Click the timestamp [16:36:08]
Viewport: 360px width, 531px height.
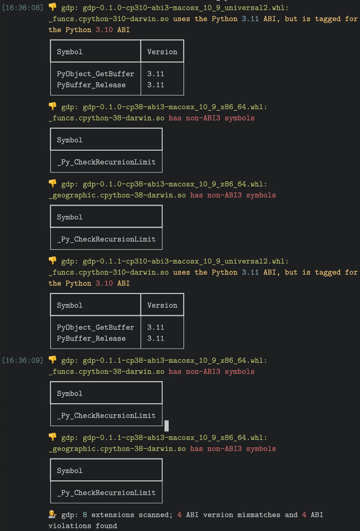coord(22,8)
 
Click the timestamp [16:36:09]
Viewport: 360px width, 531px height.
coord(22,360)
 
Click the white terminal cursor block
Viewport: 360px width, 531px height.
coord(167,426)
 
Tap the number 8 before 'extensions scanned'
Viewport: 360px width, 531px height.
coord(85,515)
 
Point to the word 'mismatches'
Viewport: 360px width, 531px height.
coord(259,515)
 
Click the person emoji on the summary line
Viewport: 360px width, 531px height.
coord(53,514)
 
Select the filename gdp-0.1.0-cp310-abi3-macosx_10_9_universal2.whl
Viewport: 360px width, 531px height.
coord(185,8)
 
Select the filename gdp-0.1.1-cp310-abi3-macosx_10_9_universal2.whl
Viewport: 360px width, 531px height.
coord(185,261)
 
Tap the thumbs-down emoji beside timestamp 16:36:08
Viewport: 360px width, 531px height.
coord(53,7)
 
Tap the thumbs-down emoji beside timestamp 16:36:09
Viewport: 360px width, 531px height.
coord(53,360)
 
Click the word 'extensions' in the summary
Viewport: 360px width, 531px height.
coord(113,515)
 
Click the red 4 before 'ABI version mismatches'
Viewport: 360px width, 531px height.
coord(179,515)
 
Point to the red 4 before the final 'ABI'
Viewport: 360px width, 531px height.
coord(304,515)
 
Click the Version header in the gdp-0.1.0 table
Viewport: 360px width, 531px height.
coord(162,52)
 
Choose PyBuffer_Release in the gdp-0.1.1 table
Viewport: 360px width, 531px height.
coord(91,338)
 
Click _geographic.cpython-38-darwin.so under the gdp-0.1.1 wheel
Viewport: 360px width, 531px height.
coord(117,449)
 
